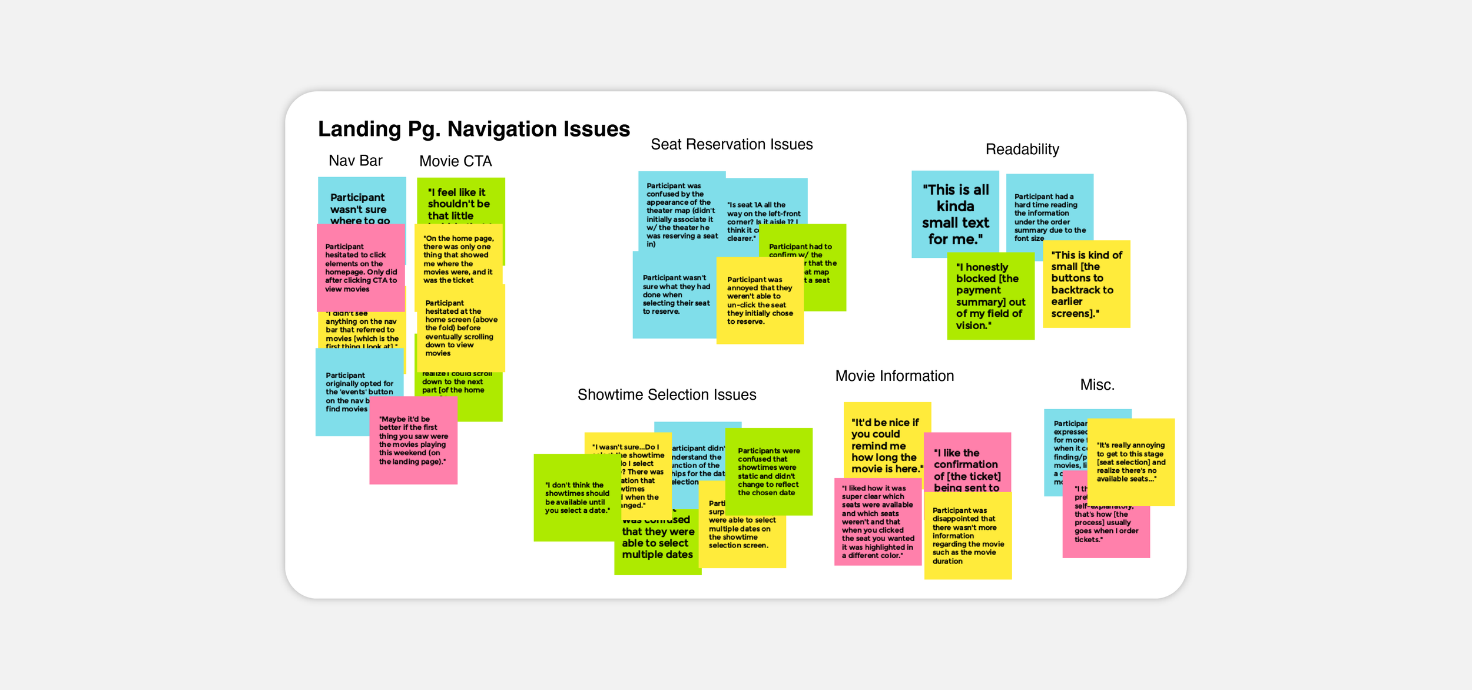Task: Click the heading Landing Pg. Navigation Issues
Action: [x=473, y=129]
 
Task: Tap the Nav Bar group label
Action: [x=355, y=161]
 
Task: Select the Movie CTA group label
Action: [x=455, y=161]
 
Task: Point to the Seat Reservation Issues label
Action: [x=731, y=145]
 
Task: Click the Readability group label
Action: [x=1022, y=150]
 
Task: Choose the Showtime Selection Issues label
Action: [x=667, y=395]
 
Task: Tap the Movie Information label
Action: [x=894, y=376]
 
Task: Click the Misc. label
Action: [x=1097, y=385]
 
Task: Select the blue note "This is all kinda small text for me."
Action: [x=954, y=214]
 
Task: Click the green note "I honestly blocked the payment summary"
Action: [x=990, y=296]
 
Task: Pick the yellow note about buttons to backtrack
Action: [x=1086, y=284]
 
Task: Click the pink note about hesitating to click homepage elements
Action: [x=360, y=268]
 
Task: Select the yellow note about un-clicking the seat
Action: [x=759, y=301]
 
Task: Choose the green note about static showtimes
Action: [x=768, y=472]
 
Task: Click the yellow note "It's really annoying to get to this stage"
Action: [x=1130, y=462]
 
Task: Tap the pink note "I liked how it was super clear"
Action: [x=877, y=522]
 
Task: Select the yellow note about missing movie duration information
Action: [x=967, y=536]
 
